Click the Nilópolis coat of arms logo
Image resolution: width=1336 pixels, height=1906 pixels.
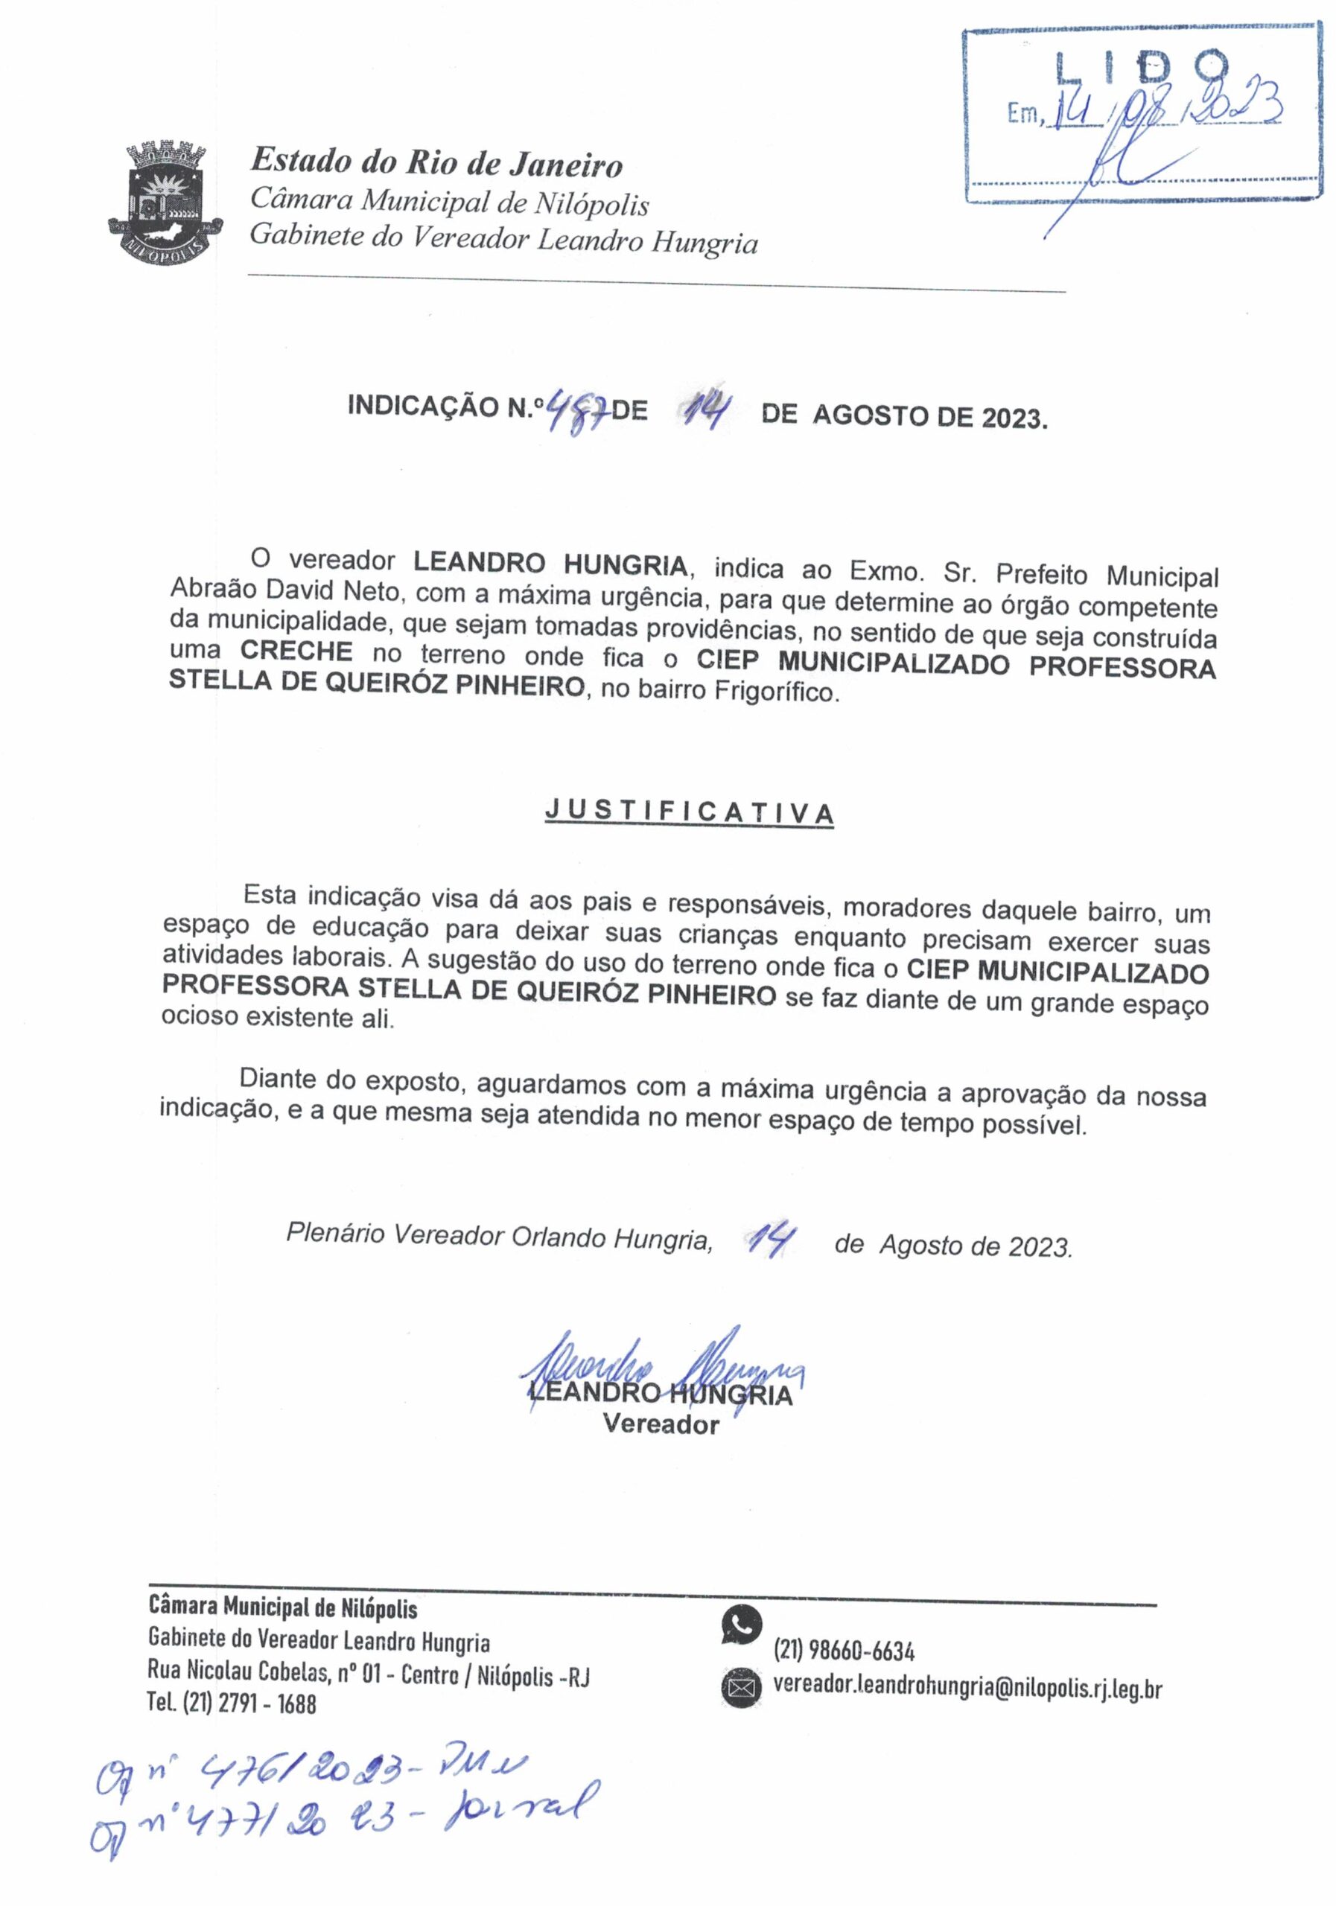[x=166, y=203]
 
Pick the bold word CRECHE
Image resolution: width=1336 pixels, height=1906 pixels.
[x=296, y=651]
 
